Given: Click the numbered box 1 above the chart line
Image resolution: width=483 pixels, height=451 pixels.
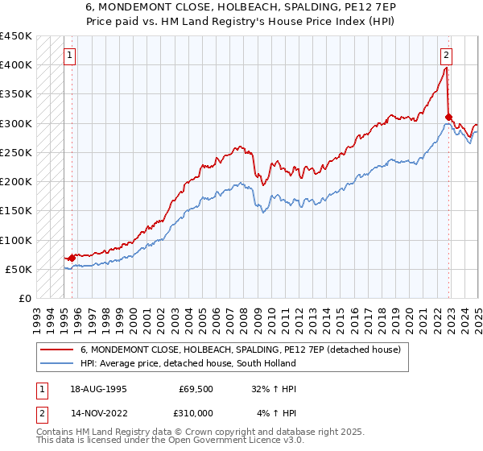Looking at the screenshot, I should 70,56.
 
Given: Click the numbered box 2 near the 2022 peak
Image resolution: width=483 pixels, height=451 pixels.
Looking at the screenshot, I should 445,56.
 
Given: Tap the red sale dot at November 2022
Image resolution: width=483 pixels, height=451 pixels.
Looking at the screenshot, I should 448,118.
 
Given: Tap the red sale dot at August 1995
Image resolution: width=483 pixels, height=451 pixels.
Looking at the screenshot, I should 72,258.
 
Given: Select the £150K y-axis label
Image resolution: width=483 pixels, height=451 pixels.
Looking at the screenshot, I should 16,211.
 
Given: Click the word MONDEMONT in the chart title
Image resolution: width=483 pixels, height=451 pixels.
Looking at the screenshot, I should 132,6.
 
